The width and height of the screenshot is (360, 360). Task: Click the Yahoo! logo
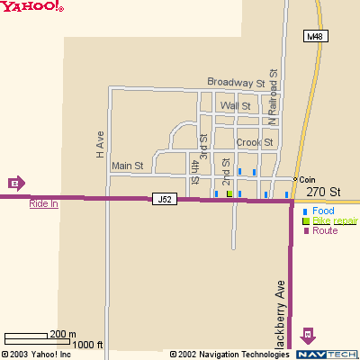coord(32,7)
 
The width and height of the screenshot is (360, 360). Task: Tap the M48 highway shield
coord(314,37)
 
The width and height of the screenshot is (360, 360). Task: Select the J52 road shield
coord(164,199)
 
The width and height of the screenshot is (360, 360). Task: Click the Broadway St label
coord(236,82)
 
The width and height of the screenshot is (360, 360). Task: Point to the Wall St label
coord(235,106)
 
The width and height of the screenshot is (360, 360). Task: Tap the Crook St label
coord(254,142)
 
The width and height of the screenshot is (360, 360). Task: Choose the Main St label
coord(127,166)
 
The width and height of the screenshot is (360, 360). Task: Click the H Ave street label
coord(101,144)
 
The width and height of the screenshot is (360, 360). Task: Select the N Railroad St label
coord(272,94)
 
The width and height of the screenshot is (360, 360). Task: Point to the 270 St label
coord(323,192)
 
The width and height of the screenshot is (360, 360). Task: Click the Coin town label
coord(308,178)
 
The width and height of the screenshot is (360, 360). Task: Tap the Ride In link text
coord(43,203)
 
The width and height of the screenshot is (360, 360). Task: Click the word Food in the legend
coord(323,211)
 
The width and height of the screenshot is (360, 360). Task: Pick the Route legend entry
coord(325,231)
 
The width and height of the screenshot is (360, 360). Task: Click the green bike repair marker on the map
coord(229,193)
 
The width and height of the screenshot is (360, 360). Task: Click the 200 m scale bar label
coord(62,334)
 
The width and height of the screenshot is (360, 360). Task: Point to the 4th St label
coord(193,167)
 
